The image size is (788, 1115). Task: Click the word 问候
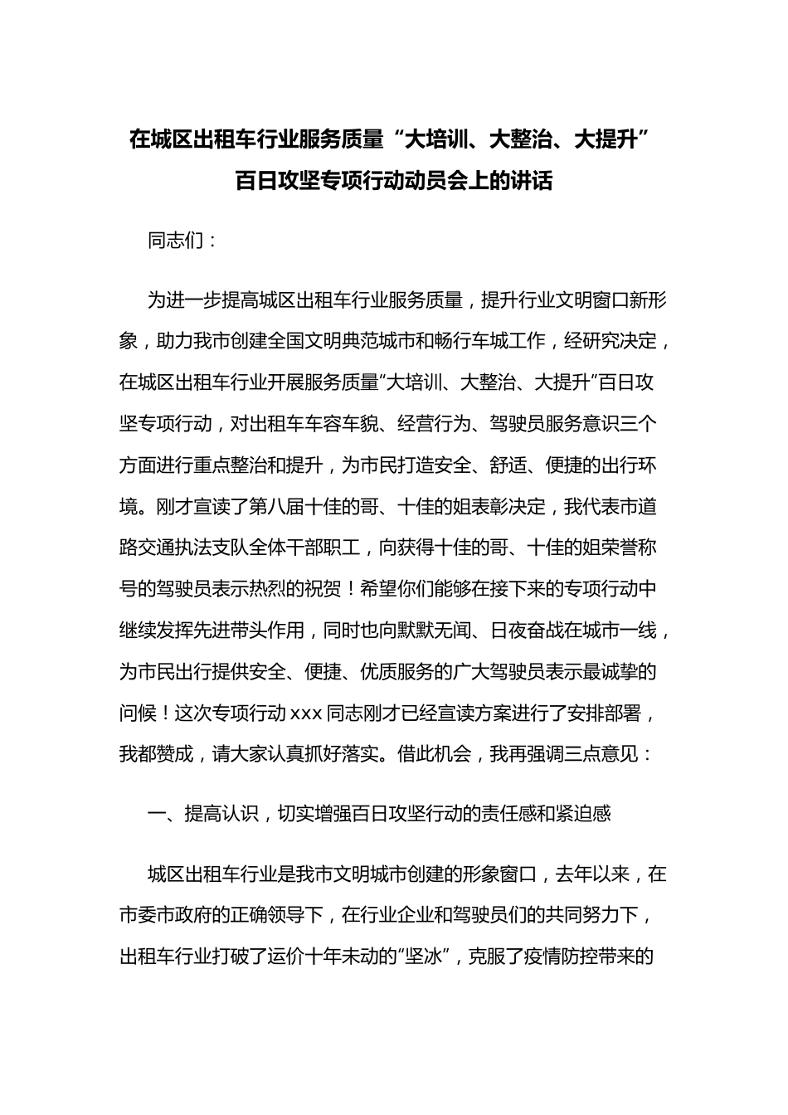[138, 713]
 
